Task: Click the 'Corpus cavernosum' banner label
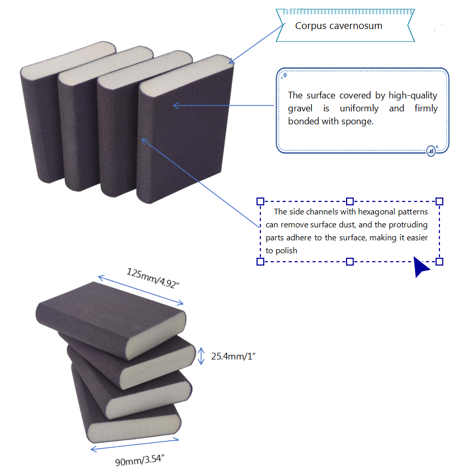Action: (x=338, y=26)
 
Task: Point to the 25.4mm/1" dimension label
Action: (x=233, y=356)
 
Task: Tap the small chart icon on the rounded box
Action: (x=431, y=151)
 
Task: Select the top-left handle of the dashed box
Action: (x=261, y=201)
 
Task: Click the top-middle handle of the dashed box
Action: (x=350, y=201)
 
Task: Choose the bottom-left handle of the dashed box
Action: (x=261, y=262)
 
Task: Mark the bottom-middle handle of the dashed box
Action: (x=350, y=262)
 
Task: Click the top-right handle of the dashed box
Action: (x=439, y=201)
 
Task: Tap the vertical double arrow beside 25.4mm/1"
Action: (x=202, y=356)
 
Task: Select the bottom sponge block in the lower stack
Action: (x=130, y=420)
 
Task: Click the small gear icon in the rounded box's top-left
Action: (x=284, y=76)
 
